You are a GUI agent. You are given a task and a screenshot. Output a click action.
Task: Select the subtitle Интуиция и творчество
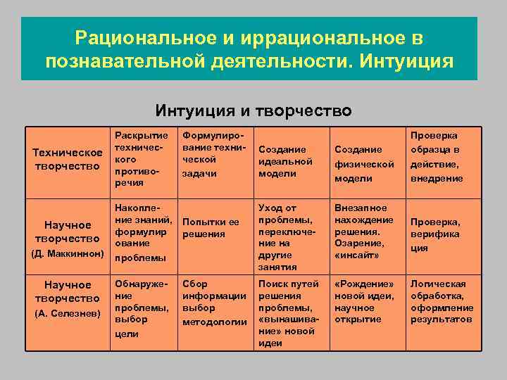click(x=254, y=110)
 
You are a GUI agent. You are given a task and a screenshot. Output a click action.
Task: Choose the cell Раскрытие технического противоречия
click(x=141, y=159)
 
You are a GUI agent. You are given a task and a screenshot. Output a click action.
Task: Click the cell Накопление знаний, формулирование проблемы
click(x=141, y=232)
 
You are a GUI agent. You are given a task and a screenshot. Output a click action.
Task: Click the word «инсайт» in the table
click(x=358, y=253)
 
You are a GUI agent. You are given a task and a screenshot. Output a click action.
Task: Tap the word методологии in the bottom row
click(x=214, y=321)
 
